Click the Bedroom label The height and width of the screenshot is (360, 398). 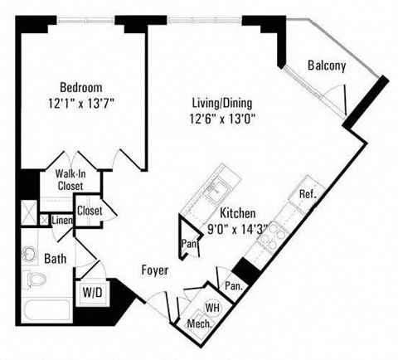tap(80, 86)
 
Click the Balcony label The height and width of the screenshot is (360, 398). tap(327, 66)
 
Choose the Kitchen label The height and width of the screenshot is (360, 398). tap(237, 212)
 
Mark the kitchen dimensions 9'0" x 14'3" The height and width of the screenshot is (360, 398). tap(237, 227)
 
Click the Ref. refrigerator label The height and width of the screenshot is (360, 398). tap(307, 193)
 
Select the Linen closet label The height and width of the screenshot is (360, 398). tap(61, 221)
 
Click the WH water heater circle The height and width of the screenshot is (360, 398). tap(211, 307)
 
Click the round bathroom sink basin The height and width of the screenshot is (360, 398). tap(30, 252)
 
